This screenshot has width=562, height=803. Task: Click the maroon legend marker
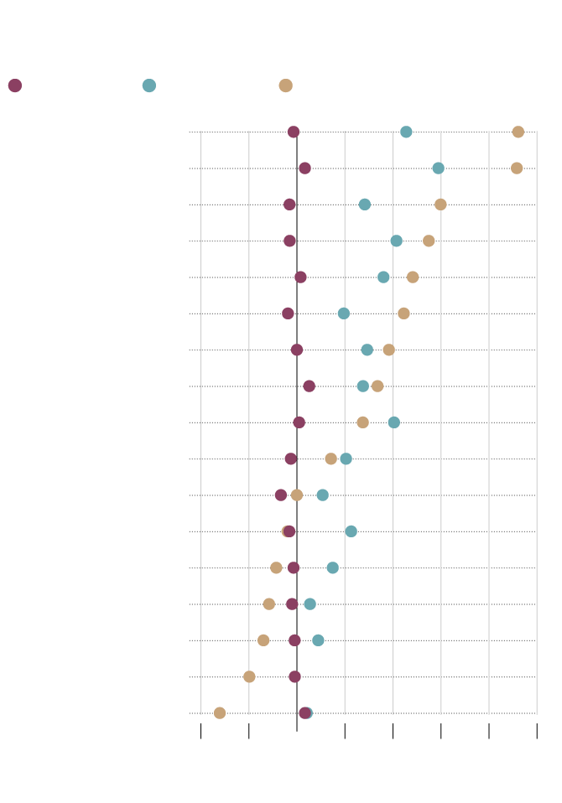click(x=15, y=85)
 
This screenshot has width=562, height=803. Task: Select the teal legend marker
click(x=149, y=85)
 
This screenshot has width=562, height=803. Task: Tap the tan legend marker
click(x=285, y=85)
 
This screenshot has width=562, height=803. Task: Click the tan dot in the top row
click(x=518, y=132)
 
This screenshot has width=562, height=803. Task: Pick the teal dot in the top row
click(x=406, y=132)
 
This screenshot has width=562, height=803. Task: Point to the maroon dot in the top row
click(x=294, y=132)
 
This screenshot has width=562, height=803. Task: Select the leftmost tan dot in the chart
click(x=220, y=713)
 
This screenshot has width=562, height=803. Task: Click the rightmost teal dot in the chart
click(x=438, y=168)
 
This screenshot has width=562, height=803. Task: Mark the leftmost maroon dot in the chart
click(x=281, y=495)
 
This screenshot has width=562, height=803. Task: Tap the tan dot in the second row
click(x=517, y=168)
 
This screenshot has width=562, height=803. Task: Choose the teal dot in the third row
click(x=365, y=205)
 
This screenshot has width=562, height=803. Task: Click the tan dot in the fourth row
click(x=429, y=241)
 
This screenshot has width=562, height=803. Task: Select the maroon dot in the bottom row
click(x=304, y=713)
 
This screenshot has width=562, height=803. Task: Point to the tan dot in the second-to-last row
click(x=249, y=676)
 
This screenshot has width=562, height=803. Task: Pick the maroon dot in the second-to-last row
click(x=294, y=676)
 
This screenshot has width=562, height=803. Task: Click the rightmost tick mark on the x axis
click(x=537, y=732)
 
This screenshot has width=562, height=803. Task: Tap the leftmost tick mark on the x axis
click(x=201, y=732)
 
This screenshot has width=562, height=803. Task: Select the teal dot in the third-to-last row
click(x=318, y=640)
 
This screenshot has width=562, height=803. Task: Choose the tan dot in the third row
click(x=440, y=205)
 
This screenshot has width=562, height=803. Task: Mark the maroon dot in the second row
click(x=304, y=168)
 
